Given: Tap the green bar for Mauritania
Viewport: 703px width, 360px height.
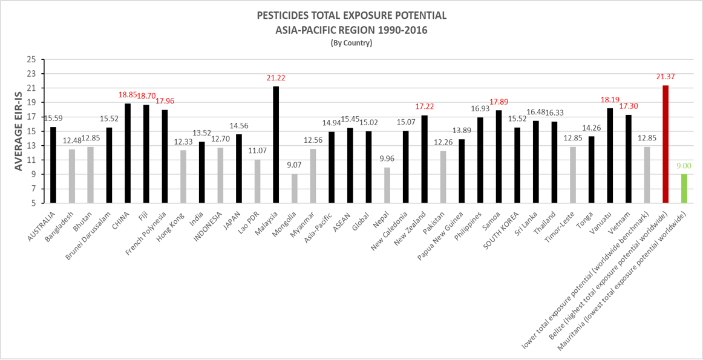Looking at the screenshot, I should click(684, 188).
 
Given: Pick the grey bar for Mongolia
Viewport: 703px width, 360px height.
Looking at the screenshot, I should click(295, 188).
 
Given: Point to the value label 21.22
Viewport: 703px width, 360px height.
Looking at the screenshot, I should click(276, 78).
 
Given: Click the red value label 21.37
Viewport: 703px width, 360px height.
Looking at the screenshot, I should click(665, 77).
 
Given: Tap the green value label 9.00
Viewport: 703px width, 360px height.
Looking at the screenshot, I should click(684, 166).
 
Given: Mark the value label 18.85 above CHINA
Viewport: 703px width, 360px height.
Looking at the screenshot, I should click(128, 95).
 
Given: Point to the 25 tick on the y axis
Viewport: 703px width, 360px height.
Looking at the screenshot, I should click(31, 59).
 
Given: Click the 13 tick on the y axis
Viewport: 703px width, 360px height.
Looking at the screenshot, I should click(31, 146).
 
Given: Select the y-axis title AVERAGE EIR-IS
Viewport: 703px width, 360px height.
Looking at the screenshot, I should click(18, 131).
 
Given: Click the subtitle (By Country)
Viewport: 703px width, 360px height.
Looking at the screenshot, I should click(351, 43).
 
